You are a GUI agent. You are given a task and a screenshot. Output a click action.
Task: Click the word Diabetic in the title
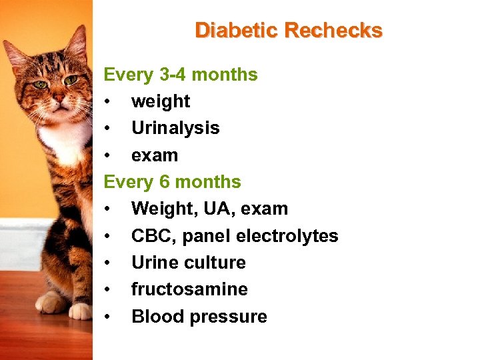(x=237, y=30)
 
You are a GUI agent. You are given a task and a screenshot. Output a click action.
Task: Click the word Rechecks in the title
(x=333, y=30)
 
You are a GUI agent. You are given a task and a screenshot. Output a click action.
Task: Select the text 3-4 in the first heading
(x=171, y=75)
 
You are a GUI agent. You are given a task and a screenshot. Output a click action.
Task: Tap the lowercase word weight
(x=161, y=101)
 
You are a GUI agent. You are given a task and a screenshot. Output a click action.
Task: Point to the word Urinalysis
(x=175, y=128)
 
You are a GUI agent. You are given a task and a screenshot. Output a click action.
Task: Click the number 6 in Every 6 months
(x=164, y=182)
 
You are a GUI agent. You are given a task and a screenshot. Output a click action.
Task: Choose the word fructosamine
(x=189, y=289)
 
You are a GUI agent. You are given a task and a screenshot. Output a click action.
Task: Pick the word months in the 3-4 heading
(x=227, y=75)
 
